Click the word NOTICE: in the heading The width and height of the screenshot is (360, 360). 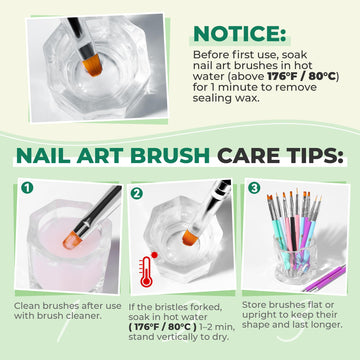(240, 33)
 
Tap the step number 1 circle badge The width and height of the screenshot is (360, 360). (27, 188)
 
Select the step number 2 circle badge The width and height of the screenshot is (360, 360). (136, 193)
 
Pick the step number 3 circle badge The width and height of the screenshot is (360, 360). (254, 188)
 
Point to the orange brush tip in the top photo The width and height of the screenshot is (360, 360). (92, 64)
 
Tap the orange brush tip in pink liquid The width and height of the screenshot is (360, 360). (72, 240)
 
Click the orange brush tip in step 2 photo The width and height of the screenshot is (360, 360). (190, 237)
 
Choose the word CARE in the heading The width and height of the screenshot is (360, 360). (246, 156)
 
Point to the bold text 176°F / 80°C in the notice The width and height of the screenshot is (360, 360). (302, 76)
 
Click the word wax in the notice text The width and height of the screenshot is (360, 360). (249, 99)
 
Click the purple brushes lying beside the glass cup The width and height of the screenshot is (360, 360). (324, 278)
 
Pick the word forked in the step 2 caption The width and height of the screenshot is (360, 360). (207, 307)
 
